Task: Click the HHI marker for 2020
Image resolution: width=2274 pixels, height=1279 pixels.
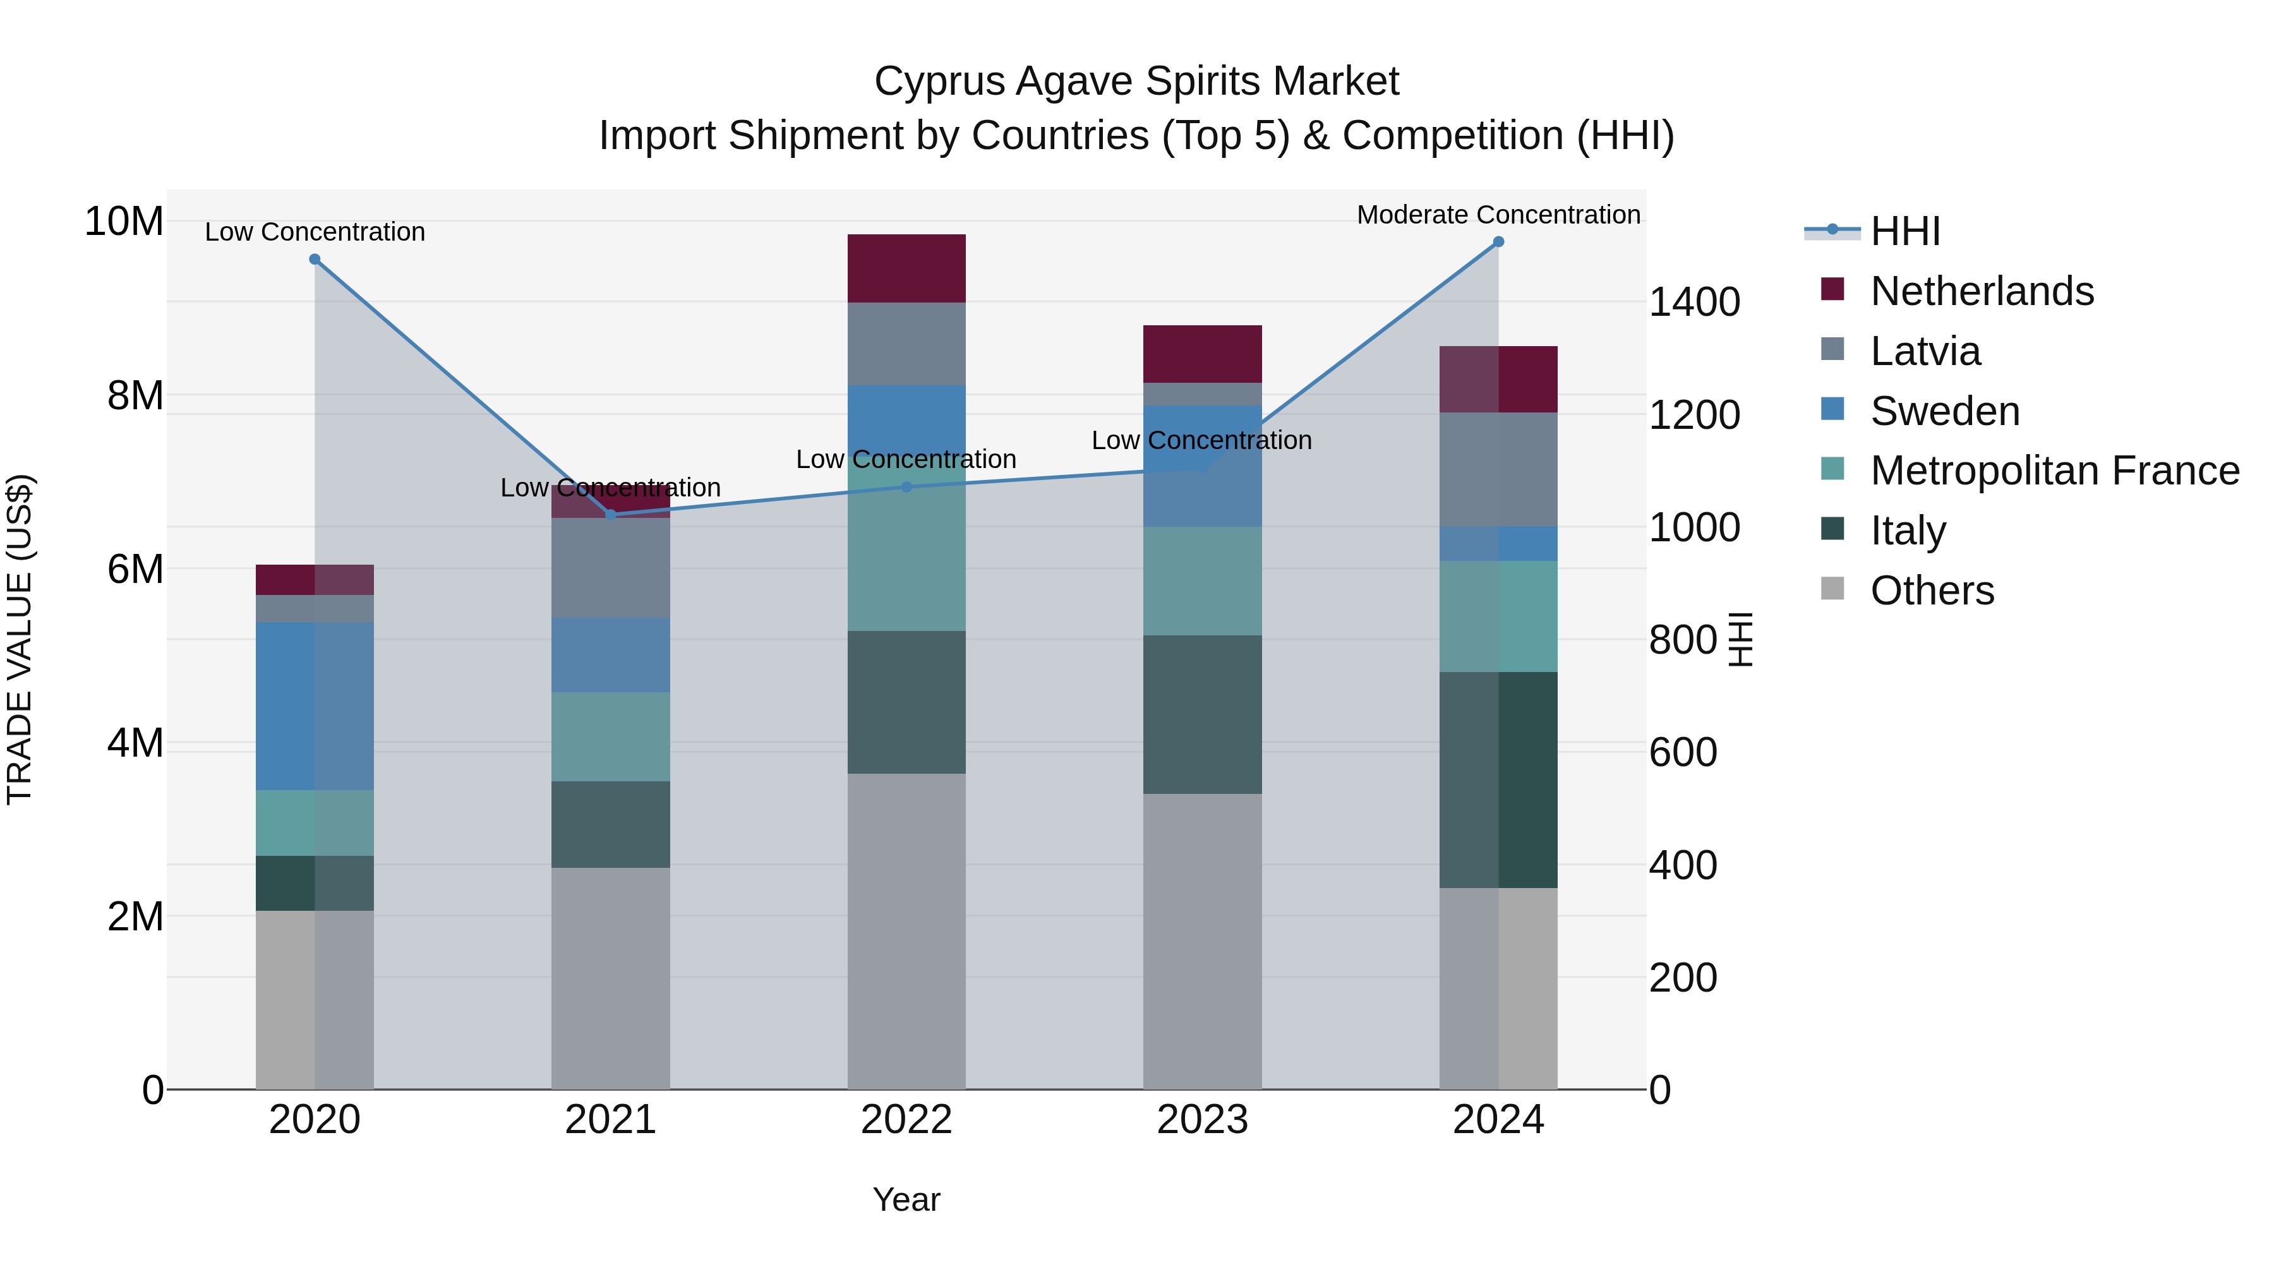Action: [315, 260]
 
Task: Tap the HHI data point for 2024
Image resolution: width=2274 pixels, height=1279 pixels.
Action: [1498, 242]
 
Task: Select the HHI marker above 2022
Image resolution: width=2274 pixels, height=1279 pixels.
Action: [906, 487]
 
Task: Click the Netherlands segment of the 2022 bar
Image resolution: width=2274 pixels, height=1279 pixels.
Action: [906, 268]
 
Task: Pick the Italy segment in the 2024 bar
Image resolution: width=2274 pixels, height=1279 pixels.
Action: [1498, 779]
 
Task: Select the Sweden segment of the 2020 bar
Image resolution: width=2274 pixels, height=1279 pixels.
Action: [315, 706]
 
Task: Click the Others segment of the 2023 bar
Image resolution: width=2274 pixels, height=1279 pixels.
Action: [1202, 941]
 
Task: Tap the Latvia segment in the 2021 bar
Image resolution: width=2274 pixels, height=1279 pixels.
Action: [610, 568]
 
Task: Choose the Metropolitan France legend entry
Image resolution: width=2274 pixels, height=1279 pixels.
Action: [2054, 471]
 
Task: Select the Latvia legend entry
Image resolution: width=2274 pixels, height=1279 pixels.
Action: [1925, 351]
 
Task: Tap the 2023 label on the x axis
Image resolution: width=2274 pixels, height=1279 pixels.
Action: [1202, 1120]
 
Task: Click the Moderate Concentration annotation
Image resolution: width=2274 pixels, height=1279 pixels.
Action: [1498, 215]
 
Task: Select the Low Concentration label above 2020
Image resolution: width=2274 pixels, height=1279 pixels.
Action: [315, 232]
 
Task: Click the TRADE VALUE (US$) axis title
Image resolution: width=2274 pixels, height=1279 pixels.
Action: [20, 639]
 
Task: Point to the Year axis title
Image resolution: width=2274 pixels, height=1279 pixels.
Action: [906, 1199]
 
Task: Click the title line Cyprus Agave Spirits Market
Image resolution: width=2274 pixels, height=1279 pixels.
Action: [1136, 81]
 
